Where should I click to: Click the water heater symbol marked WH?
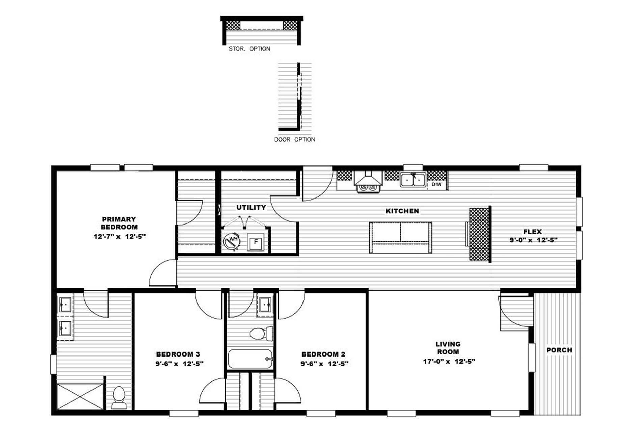[232, 241]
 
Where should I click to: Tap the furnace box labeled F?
[255, 242]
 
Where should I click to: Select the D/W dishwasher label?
[437, 184]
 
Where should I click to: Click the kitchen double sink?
[413, 180]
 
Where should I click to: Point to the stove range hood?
[368, 179]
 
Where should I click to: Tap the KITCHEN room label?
[402, 211]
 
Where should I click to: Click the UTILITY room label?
[251, 207]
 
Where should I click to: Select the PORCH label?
[559, 350]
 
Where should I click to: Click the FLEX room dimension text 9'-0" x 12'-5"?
[533, 240]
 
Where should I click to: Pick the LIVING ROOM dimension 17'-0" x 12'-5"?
[449, 361]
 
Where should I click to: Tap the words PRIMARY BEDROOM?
[119, 223]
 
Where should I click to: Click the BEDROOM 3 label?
[178, 354]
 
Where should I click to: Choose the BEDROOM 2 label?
[323, 354]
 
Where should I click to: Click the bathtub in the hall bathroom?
[250, 359]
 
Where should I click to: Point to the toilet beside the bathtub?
[261, 334]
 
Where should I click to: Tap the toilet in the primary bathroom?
[119, 398]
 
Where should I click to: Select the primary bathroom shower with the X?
[80, 396]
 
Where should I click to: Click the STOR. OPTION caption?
[249, 49]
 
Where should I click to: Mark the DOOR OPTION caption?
[295, 139]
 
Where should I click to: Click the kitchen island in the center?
[400, 237]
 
